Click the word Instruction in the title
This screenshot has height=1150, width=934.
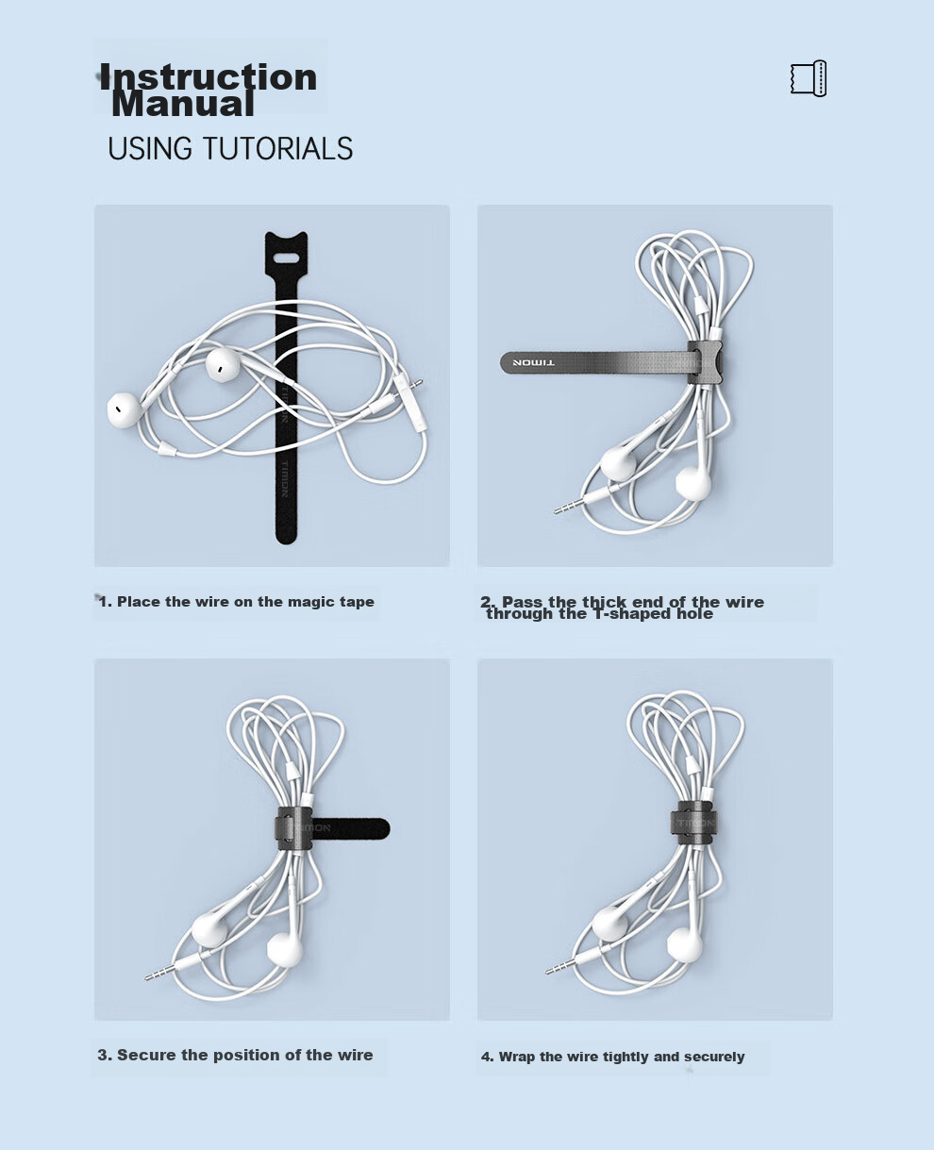click(208, 76)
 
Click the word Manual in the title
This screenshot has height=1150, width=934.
click(182, 103)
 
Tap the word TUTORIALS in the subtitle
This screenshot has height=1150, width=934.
click(278, 148)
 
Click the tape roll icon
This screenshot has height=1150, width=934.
click(809, 79)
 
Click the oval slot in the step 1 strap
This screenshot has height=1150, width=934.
click(286, 257)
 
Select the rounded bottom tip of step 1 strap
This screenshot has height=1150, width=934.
click(286, 537)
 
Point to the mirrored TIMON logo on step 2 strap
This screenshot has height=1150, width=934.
click(533, 362)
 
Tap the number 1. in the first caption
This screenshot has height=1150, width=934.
click(106, 602)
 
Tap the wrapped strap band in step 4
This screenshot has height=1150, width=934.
click(693, 825)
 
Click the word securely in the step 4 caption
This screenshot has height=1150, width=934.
click(714, 1058)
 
